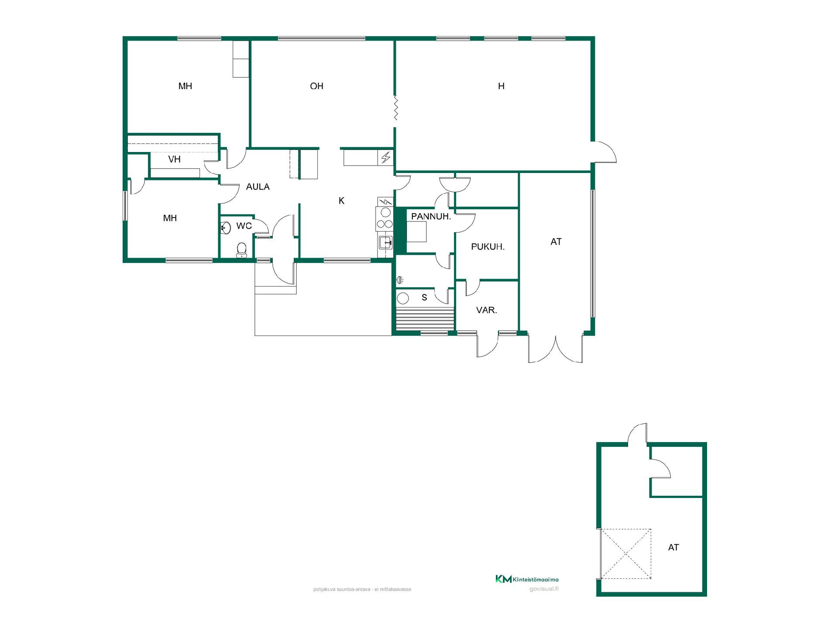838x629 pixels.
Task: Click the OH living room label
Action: pyautogui.click(x=316, y=86)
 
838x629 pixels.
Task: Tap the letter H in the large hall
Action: pyautogui.click(x=501, y=86)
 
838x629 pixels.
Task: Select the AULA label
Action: pyautogui.click(x=258, y=187)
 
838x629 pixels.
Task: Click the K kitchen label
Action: pyautogui.click(x=342, y=200)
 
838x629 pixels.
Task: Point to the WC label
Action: pyautogui.click(x=244, y=226)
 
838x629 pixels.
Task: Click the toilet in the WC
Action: pyautogui.click(x=241, y=250)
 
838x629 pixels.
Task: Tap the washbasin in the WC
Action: pyautogui.click(x=226, y=228)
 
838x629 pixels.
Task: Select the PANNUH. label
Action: pyautogui.click(x=431, y=216)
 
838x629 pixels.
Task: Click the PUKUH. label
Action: pyautogui.click(x=488, y=247)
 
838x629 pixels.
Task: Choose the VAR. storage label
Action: pyautogui.click(x=487, y=310)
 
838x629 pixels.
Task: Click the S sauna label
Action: pyautogui.click(x=424, y=298)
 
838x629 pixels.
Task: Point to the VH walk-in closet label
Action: pyautogui.click(x=174, y=159)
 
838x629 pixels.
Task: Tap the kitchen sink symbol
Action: pyautogui.click(x=385, y=242)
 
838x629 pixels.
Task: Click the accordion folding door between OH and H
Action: pyautogui.click(x=395, y=108)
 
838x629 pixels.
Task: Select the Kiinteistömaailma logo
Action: pyautogui.click(x=527, y=579)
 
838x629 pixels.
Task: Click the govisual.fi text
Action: pyautogui.click(x=543, y=588)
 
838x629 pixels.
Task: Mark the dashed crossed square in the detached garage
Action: pyautogui.click(x=626, y=554)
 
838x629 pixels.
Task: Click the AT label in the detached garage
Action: pyautogui.click(x=673, y=547)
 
